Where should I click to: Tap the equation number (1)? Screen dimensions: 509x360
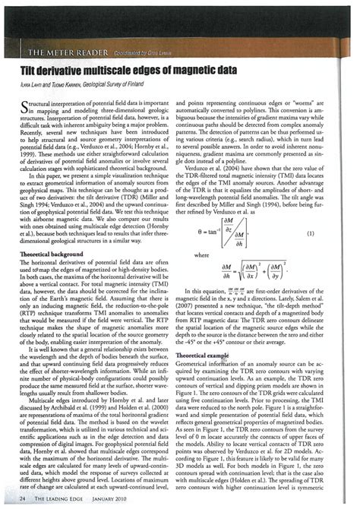pos(330,233)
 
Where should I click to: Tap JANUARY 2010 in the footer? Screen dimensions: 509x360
pos(118,498)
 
